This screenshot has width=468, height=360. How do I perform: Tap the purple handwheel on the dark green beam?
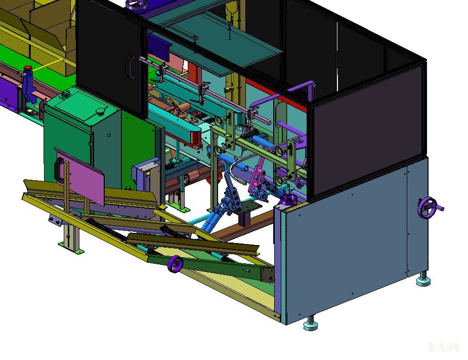175,264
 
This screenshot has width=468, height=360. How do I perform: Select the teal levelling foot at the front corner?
311,324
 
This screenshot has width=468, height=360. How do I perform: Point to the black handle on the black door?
131,66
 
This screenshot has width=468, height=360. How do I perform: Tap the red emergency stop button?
28,68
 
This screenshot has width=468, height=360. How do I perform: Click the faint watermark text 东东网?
443,347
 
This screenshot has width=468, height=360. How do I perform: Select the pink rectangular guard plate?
80,176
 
